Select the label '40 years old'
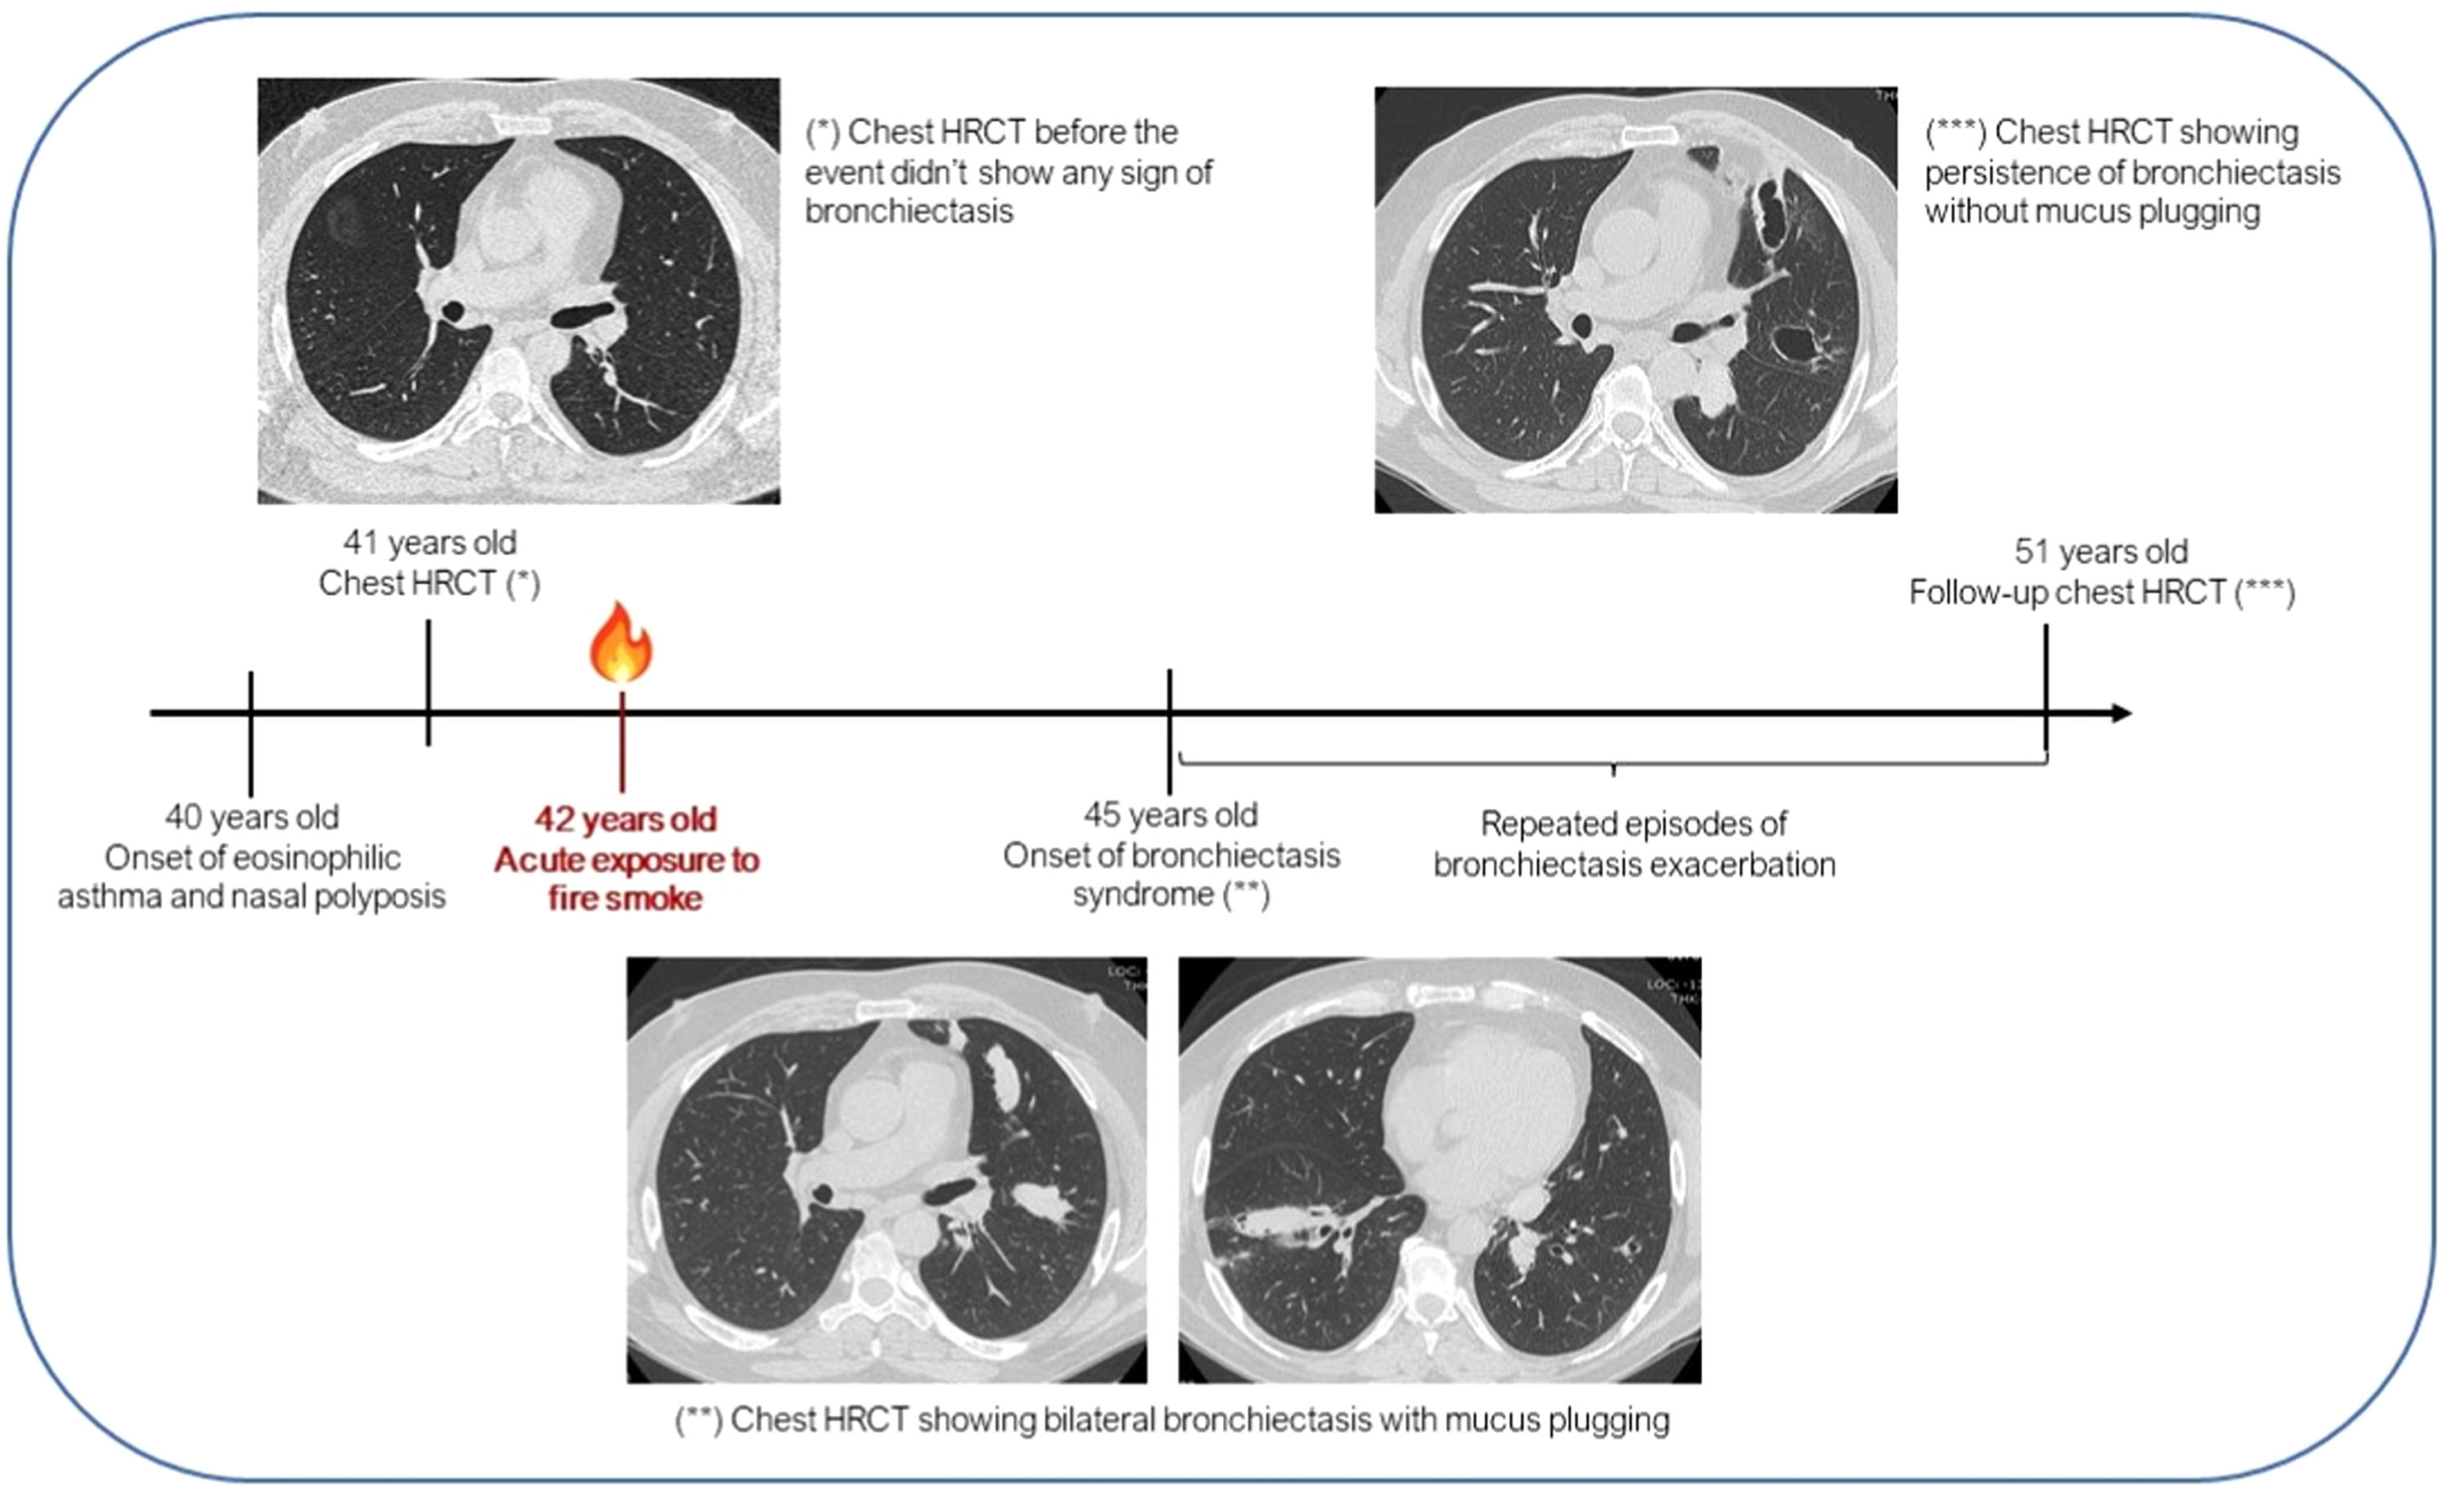tap(252, 816)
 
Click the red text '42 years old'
tap(625, 820)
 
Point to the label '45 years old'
tap(1171, 815)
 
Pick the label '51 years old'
tap(2101, 552)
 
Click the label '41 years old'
tap(429, 543)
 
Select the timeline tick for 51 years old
tap(2046, 694)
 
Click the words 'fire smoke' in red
tap(625, 899)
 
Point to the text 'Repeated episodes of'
tap(1633, 824)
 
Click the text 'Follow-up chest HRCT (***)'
tap(2102, 592)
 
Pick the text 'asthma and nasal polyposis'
tap(252, 897)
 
